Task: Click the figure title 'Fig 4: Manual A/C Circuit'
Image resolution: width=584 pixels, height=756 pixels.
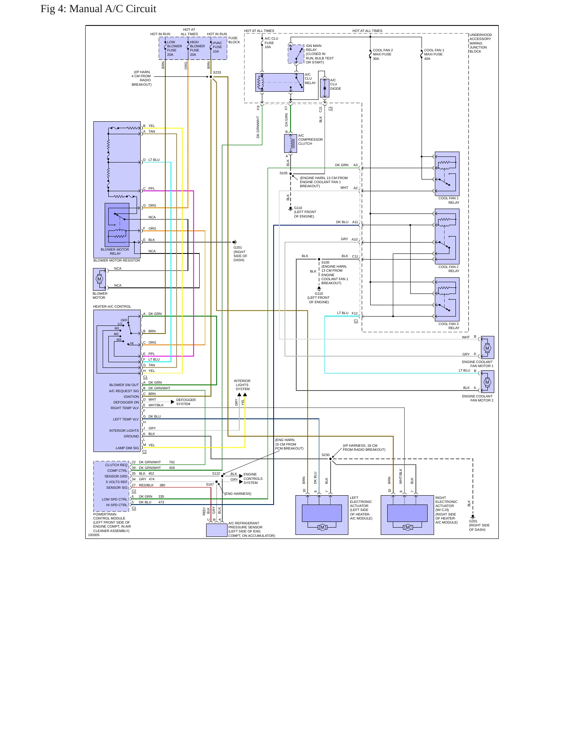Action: tap(98, 9)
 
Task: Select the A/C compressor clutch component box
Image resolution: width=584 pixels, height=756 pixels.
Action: tap(291, 144)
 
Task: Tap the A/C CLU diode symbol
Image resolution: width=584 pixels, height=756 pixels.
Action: tap(325, 88)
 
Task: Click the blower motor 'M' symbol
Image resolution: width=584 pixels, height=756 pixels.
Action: tap(99, 279)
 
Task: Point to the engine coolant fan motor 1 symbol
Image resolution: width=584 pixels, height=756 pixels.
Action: tap(487, 348)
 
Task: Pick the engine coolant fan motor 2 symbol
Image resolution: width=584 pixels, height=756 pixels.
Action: tap(487, 382)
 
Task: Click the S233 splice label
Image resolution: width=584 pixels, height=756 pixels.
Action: tap(217, 73)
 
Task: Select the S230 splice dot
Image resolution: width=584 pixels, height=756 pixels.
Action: tap(330, 459)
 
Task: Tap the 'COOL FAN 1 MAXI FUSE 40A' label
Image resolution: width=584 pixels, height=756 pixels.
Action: tap(434, 55)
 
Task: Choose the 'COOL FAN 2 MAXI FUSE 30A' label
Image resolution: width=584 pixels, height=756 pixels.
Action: tap(383, 55)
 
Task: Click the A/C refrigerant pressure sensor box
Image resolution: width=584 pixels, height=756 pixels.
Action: tap(217, 530)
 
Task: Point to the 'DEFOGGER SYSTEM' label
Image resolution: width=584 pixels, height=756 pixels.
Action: tap(186, 402)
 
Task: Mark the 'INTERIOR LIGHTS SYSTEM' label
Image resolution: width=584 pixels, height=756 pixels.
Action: tap(242, 385)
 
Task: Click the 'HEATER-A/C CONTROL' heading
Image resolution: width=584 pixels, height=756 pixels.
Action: tap(112, 306)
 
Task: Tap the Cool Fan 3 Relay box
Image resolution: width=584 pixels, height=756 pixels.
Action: tap(447, 299)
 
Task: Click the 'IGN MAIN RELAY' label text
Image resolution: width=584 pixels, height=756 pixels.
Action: tap(314, 48)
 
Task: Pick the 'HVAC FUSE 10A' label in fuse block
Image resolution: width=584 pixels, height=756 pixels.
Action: tap(217, 47)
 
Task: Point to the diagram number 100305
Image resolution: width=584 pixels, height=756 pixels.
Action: tap(94, 535)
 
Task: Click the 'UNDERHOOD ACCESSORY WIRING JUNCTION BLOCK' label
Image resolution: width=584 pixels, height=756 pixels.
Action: tap(481, 43)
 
